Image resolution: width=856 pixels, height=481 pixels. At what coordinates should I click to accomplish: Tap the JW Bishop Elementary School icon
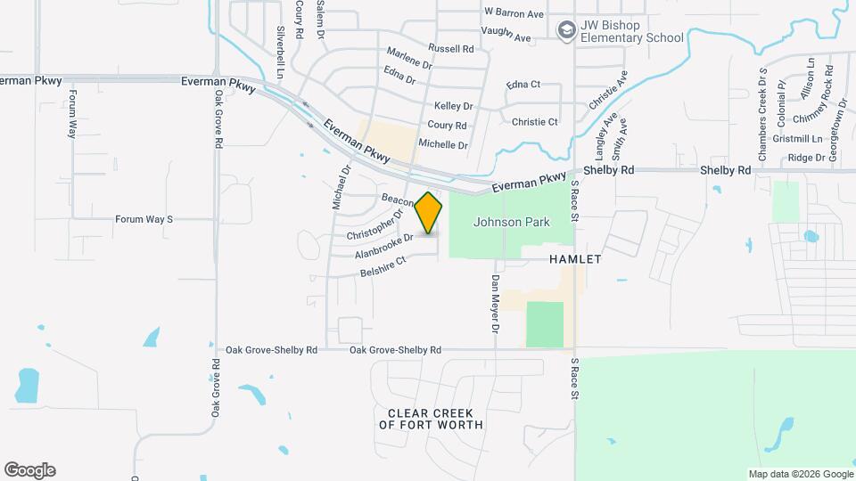pyautogui.click(x=565, y=32)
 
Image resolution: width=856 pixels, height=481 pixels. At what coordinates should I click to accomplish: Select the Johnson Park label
pyautogui.click(x=512, y=222)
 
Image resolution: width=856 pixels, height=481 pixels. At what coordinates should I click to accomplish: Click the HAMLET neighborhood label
pyautogui.click(x=575, y=259)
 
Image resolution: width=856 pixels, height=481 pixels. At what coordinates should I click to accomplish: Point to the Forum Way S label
pyautogui.click(x=144, y=218)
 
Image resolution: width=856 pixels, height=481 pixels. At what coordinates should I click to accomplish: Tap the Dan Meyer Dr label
pyautogui.click(x=495, y=305)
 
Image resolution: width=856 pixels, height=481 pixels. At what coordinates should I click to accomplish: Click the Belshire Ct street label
pyautogui.click(x=383, y=265)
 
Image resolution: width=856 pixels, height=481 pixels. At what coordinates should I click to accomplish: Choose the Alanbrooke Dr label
pyautogui.click(x=383, y=246)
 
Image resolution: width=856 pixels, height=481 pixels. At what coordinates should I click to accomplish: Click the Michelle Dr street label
pyautogui.click(x=443, y=144)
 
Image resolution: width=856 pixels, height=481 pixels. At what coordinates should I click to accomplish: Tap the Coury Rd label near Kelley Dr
pyautogui.click(x=448, y=126)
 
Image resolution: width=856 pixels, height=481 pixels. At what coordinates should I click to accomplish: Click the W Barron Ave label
pyautogui.click(x=514, y=14)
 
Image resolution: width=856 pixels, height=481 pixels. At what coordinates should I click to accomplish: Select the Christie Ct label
pyautogui.click(x=533, y=122)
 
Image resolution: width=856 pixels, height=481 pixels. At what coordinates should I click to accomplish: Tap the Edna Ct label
pyautogui.click(x=523, y=85)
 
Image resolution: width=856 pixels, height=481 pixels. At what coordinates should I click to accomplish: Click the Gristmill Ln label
pyautogui.click(x=798, y=139)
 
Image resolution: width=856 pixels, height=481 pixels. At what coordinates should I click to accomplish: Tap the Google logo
pyautogui.click(x=29, y=470)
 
